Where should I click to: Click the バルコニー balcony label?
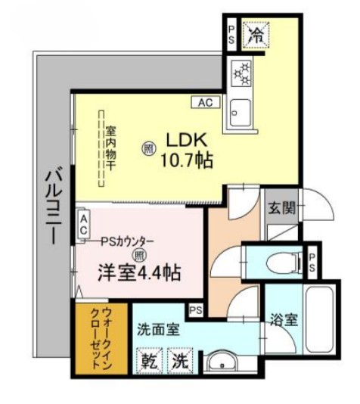pyautogui.click(x=51, y=204)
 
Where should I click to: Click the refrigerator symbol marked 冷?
pyautogui.click(x=256, y=33)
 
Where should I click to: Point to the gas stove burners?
pyautogui.click(x=244, y=73)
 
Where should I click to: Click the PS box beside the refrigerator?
pyautogui.click(x=232, y=33)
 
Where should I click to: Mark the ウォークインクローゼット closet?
pyautogui.click(x=101, y=338)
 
